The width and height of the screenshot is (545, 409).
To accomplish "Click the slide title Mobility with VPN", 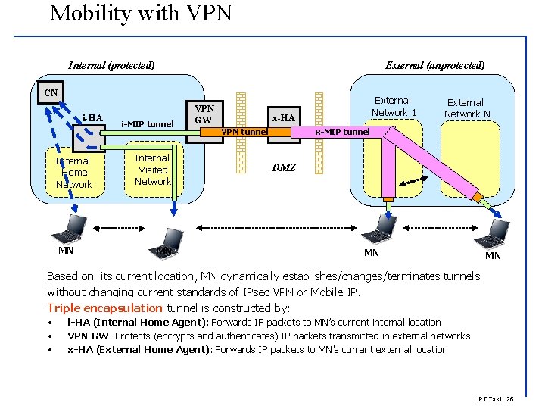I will coord(141,13).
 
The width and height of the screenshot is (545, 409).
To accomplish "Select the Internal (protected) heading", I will coord(111,65).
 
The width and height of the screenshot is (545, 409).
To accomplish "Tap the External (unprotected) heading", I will coord(434,65).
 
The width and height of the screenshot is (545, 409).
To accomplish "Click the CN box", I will coord(50,93).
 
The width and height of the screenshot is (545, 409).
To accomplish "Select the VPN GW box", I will coord(204,114).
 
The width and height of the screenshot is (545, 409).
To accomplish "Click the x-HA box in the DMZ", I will coord(283,117).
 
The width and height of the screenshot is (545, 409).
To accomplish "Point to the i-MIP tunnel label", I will coord(148,124).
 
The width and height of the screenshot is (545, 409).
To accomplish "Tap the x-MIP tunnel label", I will coord(342,132).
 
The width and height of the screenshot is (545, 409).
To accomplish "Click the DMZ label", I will coord(283,167).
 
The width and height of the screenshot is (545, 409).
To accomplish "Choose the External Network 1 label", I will coord(394,106).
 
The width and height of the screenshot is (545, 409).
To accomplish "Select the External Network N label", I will coord(466,108).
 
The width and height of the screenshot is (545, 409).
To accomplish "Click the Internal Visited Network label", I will coord(153,170).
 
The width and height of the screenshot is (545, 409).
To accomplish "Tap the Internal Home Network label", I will coord(73,173).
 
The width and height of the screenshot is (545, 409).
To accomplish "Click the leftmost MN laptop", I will coord(75,226).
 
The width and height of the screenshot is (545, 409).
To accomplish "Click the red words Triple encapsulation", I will coord(104,308).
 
